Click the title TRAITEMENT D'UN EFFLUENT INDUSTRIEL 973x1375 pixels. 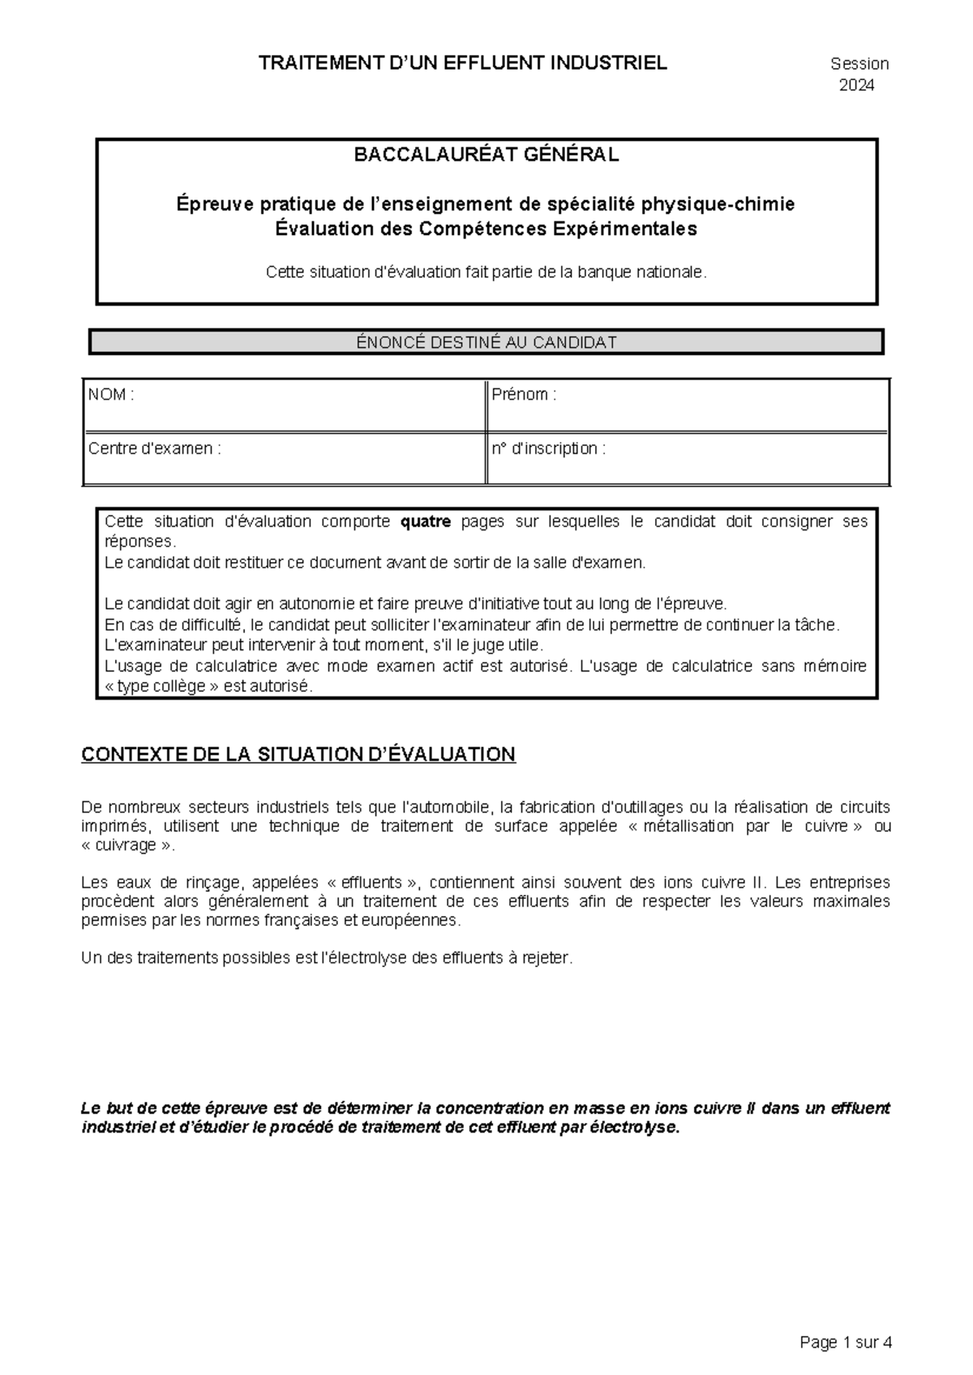coord(462,63)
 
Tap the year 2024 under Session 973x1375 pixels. coord(856,85)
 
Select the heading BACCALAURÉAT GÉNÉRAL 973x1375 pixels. coord(486,155)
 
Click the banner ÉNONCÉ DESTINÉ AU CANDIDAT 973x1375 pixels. coord(486,342)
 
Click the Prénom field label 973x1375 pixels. coord(524,395)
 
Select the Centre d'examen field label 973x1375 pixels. coord(154,448)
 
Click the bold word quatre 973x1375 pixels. coord(426,521)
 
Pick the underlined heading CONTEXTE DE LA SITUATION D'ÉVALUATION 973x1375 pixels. coord(298,755)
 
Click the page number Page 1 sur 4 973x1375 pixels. coord(846,1343)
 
